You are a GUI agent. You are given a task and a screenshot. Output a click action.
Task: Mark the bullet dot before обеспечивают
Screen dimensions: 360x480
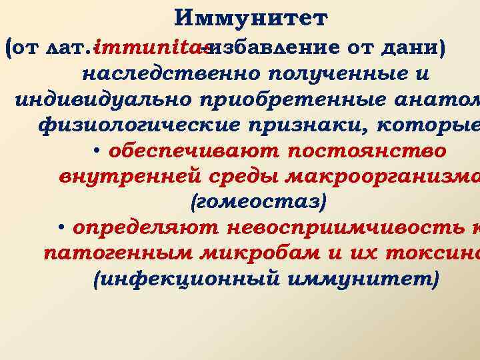97,151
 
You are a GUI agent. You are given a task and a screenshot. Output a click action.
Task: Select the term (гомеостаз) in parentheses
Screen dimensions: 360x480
241,203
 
